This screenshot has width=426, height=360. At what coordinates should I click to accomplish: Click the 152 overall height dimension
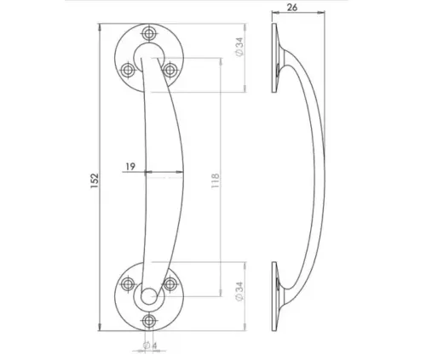point(95,180)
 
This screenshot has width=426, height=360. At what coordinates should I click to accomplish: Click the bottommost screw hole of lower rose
point(151,320)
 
